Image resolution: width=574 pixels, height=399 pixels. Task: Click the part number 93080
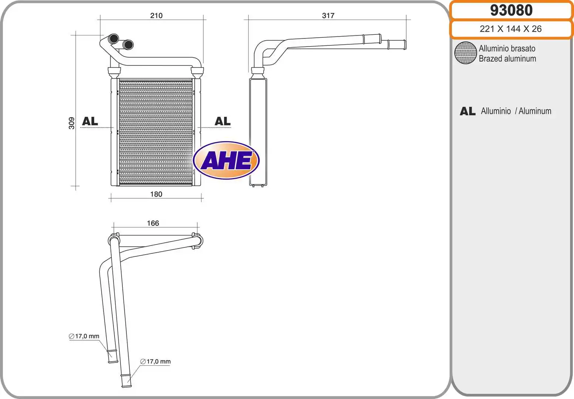(x=511, y=10)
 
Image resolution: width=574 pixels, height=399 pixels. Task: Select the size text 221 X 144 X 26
(x=510, y=29)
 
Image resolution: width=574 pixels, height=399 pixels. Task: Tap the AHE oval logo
(x=226, y=160)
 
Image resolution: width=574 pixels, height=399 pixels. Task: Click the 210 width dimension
(x=156, y=16)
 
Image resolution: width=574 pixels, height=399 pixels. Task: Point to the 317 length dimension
(x=328, y=16)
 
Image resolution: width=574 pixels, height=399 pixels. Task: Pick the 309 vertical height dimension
(x=72, y=123)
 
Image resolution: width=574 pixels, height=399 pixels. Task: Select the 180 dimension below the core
(x=156, y=194)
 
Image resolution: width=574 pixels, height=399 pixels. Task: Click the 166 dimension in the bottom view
(x=153, y=223)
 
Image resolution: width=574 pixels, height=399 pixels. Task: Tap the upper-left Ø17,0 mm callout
(x=84, y=336)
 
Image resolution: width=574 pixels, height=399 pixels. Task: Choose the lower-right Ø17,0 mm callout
(x=155, y=362)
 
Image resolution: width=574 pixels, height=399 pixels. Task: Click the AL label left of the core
(x=90, y=121)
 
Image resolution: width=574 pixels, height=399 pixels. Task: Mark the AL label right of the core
(x=223, y=121)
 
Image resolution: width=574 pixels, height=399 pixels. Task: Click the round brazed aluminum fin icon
(x=465, y=53)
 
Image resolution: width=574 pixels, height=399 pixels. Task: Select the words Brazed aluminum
(x=507, y=59)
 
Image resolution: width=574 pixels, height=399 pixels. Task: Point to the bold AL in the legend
(x=468, y=111)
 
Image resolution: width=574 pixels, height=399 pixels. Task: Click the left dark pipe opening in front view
(x=114, y=38)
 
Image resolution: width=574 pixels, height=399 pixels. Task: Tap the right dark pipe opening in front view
(x=128, y=45)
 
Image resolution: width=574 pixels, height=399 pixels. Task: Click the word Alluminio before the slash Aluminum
(x=496, y=111)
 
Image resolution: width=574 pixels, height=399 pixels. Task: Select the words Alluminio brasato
(x=507, y=48)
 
